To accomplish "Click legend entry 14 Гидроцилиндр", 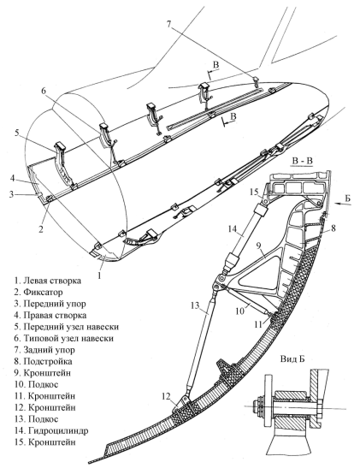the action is [51, 430].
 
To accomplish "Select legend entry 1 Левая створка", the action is [48, 281].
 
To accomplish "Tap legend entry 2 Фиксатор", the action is [38, 293].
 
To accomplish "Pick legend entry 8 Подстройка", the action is [44, 361].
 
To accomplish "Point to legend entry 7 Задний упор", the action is [44, 350].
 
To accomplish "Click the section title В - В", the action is [302, 161].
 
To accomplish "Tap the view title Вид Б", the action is [292, 359].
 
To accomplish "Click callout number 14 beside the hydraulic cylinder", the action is [233, 229].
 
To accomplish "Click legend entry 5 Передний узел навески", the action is [67, 327].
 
